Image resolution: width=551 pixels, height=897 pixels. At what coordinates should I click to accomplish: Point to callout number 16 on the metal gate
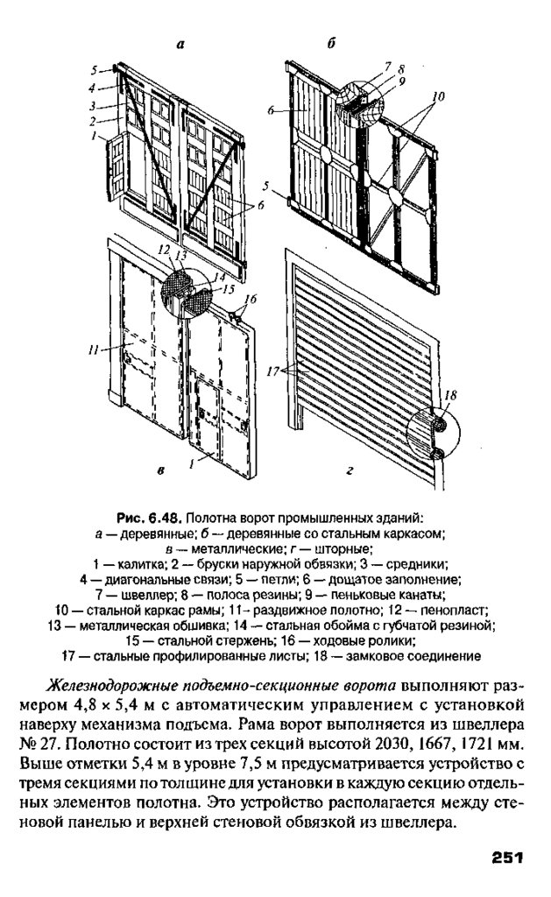point(251,299)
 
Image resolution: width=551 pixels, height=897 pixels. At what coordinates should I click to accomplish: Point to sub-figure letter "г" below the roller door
point(349,472)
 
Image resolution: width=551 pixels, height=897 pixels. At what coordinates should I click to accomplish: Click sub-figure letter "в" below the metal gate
point(161,473)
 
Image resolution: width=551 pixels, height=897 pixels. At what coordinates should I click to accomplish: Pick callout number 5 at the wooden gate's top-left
point(95,67)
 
